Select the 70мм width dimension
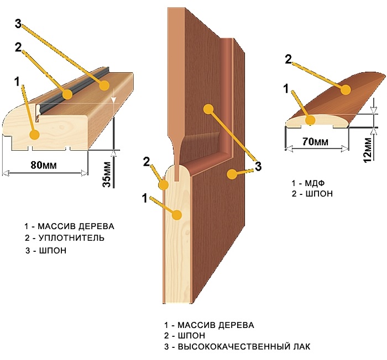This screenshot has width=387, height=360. click(x=314, y=141)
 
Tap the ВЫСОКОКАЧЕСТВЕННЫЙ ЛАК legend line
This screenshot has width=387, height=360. click(x=243, y=347)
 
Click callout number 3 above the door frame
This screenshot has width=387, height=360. click(x=18, y=25)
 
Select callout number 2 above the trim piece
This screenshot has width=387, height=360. click(x=288, y=59)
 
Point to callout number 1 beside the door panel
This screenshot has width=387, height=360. click(x=145, y=198)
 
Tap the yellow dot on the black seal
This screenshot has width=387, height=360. click(x=67, y=94)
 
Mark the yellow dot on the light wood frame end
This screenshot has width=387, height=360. click(x=34, y=134)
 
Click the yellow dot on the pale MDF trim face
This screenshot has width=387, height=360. click(x=311, y=119)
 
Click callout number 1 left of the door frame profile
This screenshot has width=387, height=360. click(x=18, y=81)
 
